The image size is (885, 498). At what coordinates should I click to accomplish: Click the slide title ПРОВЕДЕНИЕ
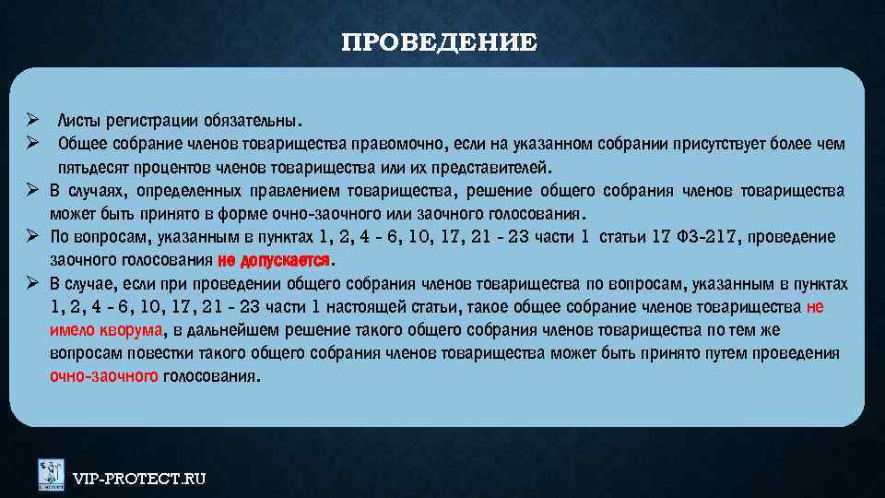click(439, 43)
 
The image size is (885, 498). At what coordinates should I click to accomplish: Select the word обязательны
click(257, 121)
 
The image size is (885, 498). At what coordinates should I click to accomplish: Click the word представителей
click(494, 169)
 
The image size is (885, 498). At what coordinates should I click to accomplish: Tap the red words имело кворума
click(107, 330)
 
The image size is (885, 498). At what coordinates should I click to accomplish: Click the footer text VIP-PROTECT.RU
click(139, 478)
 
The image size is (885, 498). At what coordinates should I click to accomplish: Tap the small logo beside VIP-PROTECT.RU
click(51, 474)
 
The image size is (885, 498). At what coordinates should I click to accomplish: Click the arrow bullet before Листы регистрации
click(30, 121)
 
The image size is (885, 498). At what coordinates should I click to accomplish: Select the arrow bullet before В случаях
click(30, 191)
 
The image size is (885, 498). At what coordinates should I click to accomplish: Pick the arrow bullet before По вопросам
click(30, 237)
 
